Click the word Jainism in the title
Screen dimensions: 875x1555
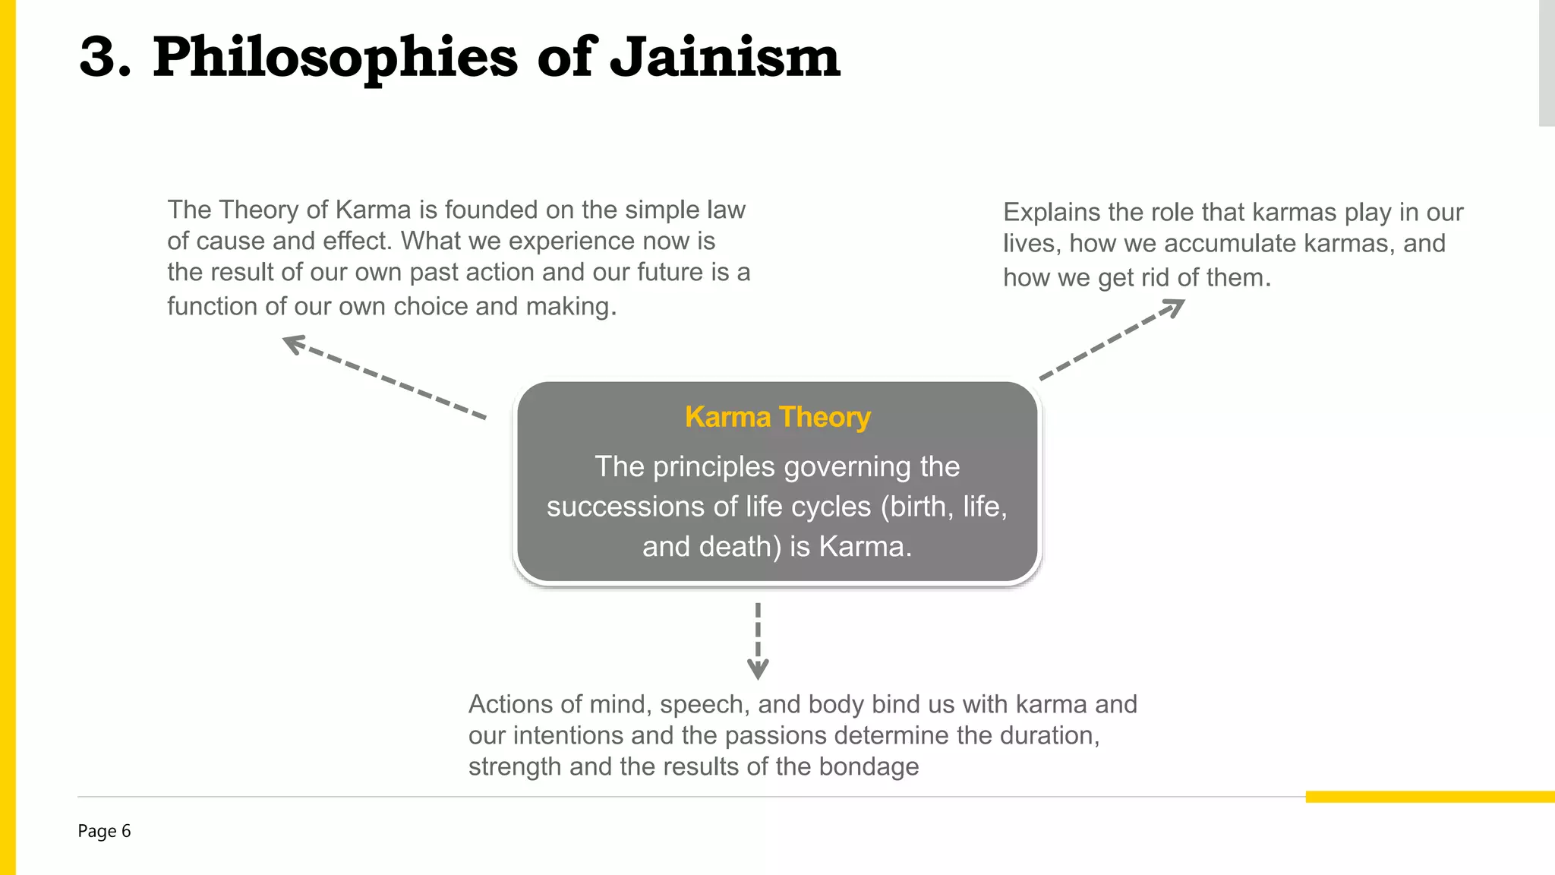pos(725,58)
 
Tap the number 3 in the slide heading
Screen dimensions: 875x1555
pos(99,58)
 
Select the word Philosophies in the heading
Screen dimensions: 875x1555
pos(335,58)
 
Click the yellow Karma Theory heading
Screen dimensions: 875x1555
pos(777,417)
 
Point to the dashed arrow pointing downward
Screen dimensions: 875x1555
pos(758,640)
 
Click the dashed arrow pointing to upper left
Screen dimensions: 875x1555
pos(383,376)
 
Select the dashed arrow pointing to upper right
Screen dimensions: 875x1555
pos(1112,339)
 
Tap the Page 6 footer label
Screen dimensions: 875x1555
pos(104,831)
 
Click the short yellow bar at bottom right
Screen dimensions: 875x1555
pos(1430,797)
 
